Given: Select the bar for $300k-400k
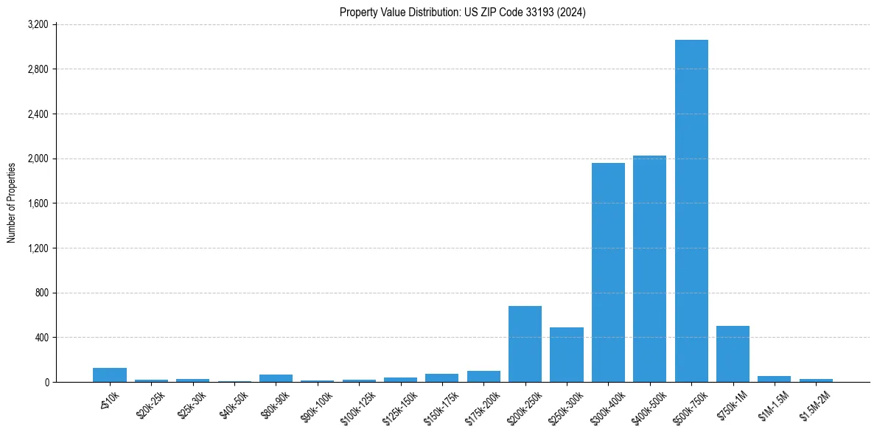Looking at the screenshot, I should click(608, 272).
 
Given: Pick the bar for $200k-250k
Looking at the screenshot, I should click(525, 344).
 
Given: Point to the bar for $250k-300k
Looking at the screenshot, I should click(567, 355).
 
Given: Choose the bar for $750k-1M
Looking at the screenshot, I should click(733, 354).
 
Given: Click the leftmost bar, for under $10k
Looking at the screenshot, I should click(110, 375).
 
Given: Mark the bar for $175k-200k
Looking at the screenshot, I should click(483, 376).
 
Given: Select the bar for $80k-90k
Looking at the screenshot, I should click(276, 378).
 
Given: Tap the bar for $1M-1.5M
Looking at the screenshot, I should click(774, 379).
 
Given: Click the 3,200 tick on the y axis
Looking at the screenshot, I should click(38, 24).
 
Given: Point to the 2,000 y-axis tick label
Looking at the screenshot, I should click(38, 159).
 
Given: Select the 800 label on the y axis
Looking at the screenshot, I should click(41, 293).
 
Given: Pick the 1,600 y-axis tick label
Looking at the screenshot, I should click(38, 203).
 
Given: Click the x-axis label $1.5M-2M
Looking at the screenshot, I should click(814, 405).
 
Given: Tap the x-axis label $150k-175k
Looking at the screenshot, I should click(441, 406).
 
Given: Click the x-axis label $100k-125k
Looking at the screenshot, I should click(357, 406).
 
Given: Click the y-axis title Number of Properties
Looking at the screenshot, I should click(12, 203).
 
